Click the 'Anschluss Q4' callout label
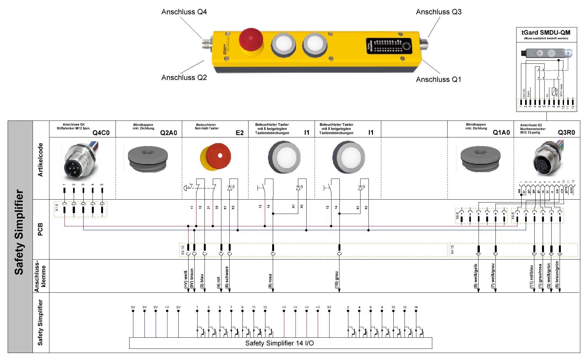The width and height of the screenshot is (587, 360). [184, 12]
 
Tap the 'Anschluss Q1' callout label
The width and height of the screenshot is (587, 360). [438, 79]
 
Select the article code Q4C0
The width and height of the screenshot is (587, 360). [101, 133]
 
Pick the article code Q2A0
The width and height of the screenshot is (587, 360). [168, 133]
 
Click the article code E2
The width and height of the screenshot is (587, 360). [240, 133]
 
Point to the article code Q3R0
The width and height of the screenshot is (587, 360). [566, 133]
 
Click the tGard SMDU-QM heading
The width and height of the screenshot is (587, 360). [546, 33]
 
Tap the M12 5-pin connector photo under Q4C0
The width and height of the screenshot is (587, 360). [80, 161]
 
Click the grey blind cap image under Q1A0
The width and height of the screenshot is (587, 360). [480, 158]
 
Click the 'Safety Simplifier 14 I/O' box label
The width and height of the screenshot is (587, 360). [279, 343]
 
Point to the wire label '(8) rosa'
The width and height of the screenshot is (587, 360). [270, 281]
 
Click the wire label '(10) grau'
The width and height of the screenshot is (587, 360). [337, 280]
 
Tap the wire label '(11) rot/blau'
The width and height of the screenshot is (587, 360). [531, 277]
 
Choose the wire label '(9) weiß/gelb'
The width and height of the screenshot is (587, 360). [476, 276]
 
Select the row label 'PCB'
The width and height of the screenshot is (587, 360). [40, 229]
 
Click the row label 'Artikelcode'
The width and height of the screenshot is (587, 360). [40, 160]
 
